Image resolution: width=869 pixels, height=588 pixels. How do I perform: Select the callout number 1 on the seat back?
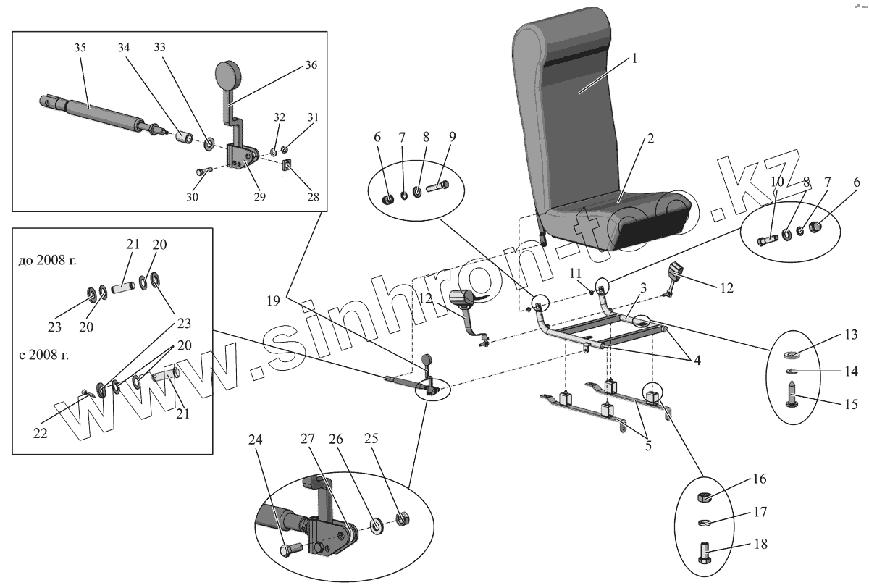(x=634, y=59)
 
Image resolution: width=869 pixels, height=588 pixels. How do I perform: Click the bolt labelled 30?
(x=203, y=172)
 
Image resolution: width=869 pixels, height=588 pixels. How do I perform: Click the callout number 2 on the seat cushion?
(x=651, y=139)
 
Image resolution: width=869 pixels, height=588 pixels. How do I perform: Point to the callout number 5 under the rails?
(x=647, y=445)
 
